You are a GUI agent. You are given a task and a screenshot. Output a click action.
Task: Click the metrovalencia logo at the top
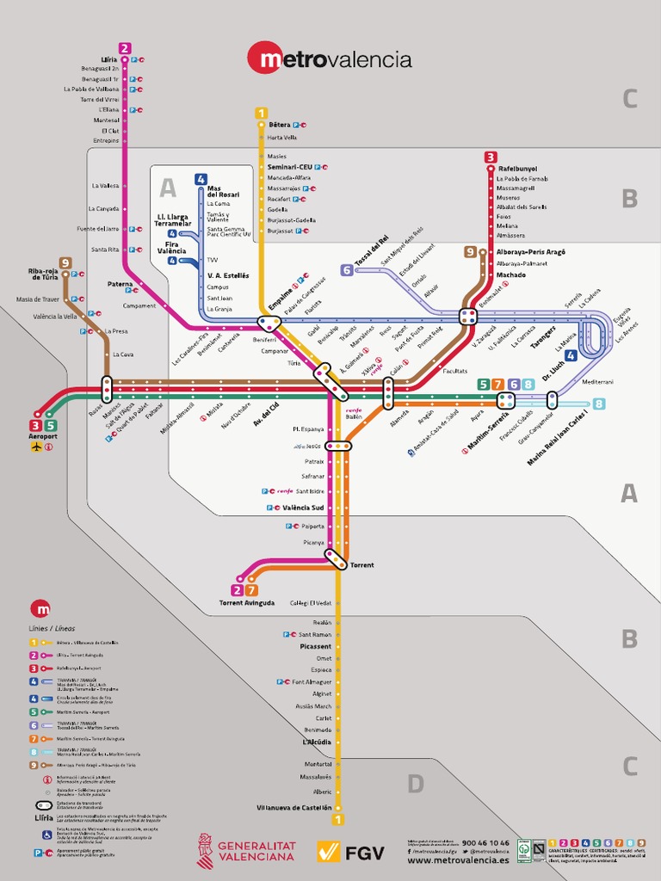tap(330, 59)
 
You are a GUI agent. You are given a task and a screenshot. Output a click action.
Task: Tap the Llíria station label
tap(108, 59)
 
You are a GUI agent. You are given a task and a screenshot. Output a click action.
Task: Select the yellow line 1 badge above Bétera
tap(261, 113)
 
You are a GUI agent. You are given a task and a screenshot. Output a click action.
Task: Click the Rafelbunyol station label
tap(518, 169)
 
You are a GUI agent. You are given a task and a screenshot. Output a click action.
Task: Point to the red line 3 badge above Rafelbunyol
tap(491, 157)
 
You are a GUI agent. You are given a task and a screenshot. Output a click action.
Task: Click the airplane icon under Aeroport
tap(36, 447)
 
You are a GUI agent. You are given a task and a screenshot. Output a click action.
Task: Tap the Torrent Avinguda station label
tap(247, 603)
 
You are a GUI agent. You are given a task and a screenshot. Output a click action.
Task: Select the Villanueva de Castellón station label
tap(293, 808)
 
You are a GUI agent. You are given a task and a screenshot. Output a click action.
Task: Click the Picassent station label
tap(315, 646)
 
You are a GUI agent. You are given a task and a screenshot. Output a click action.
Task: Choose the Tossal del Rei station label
tap(373, 250)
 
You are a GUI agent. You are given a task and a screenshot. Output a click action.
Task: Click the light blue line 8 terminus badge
tap(598, 404)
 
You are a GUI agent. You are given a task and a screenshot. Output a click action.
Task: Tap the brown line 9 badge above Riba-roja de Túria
tap(65, 263)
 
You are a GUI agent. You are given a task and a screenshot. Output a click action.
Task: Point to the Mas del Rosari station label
tap(223, 192)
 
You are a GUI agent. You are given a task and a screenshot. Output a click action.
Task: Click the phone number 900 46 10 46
tap(485, 843)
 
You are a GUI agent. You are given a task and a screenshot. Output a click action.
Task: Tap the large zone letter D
tap(416, 783)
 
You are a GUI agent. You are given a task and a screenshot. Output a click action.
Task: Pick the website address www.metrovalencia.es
tap(458, 859)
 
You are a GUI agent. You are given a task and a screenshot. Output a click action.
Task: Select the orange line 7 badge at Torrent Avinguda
tap(251, 590)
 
